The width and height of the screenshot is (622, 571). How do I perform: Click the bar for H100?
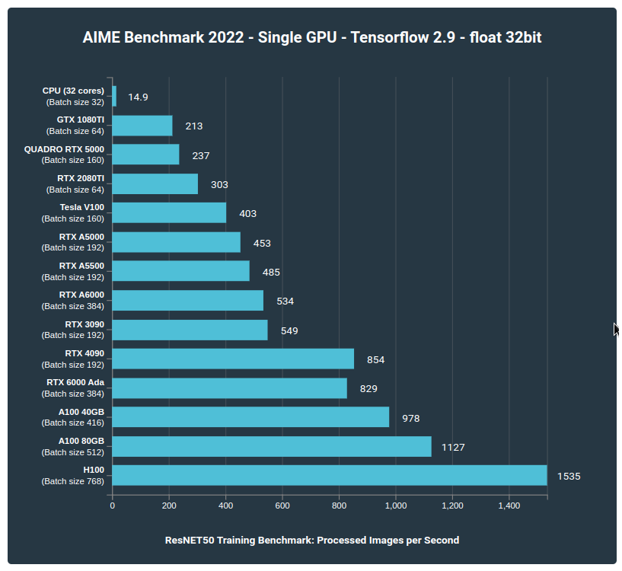pos(330,475)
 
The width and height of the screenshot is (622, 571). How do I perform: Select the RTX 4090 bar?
pos(233,359)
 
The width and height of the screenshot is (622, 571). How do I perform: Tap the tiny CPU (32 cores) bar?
pos(114,96)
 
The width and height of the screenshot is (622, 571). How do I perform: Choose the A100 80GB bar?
pos(272,446)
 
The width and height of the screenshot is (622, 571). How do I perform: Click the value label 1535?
pos(569,477)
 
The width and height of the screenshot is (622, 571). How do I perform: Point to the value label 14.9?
pos(138,97)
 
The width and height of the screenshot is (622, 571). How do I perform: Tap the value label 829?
pos(368,389)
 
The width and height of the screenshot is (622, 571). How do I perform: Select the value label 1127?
pos(453,448)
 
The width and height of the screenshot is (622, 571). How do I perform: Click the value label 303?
pos(219,185)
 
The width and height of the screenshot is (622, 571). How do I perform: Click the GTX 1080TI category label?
pos(80,120)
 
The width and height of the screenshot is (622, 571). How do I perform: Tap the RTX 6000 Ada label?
pos(75,382)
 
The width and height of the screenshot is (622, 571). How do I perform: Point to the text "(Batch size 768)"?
pos(72,481)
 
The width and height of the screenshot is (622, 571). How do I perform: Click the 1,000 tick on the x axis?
pos(396,506)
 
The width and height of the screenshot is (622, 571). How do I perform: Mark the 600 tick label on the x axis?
pos(282,506)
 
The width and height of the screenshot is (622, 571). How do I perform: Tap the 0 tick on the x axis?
pos(113,506)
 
